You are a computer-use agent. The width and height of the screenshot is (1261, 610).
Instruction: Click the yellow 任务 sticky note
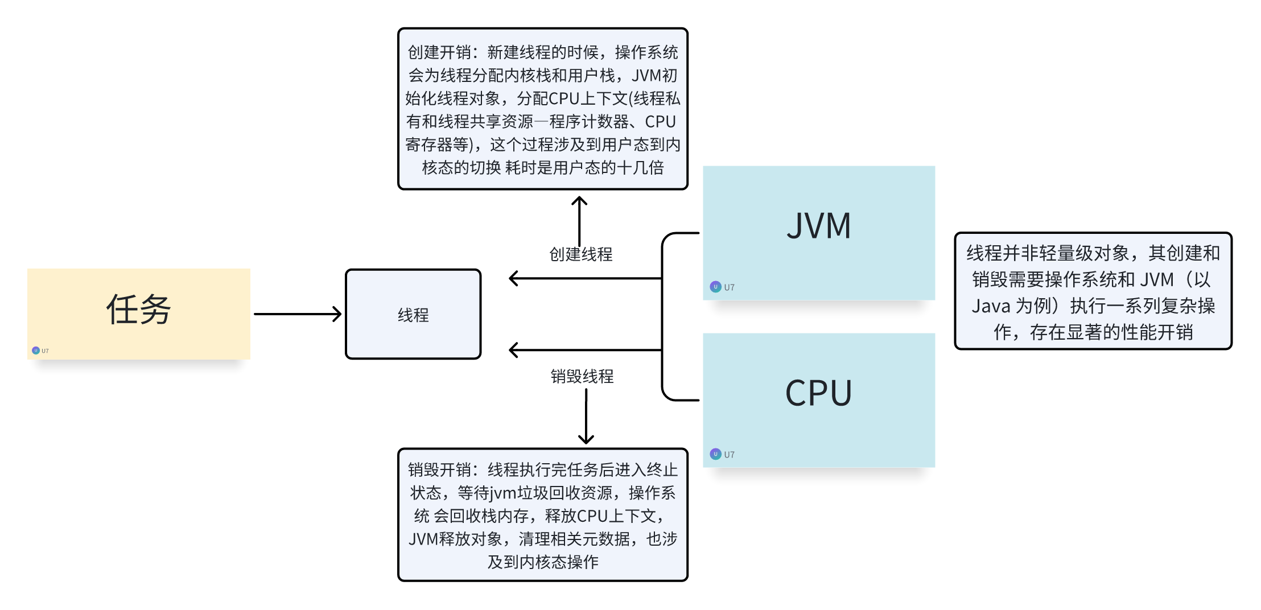tap(138, 313)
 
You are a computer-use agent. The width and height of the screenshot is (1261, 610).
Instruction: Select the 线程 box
tap(413, 314)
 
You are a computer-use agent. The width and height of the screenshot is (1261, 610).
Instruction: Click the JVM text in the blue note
tap(819, 226)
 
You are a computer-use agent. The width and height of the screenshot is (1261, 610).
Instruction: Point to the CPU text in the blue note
tap(819, 393)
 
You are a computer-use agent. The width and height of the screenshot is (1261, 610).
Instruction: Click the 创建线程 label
tap(580, 254)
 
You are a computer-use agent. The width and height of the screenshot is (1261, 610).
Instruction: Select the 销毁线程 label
tap(582, 376)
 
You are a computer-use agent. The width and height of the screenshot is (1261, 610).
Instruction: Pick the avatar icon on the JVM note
tap(715, 287)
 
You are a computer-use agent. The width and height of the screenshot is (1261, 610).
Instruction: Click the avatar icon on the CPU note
tap(715, 454)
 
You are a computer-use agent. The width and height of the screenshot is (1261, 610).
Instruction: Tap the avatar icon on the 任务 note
tap(36, 351)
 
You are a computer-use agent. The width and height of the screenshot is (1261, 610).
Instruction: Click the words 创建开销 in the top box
tap(439, 52)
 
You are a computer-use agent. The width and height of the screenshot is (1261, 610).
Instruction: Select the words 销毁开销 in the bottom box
tap(439, 470)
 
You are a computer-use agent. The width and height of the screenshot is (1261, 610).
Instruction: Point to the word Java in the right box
tap(990, 306)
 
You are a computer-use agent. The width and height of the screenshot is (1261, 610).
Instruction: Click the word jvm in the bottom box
tap(503, 493)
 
